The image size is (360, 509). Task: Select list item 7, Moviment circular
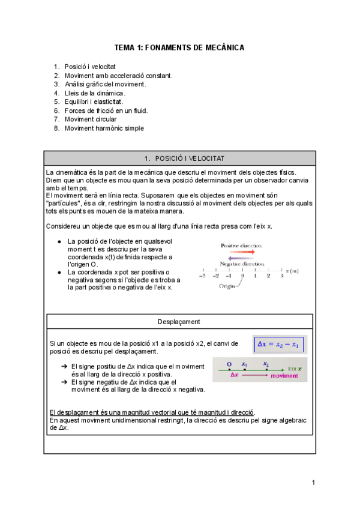[x=91, y=119]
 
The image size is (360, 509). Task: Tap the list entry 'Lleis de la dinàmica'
[x=95, y=93]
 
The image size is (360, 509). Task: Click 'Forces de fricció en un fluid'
[x=106, y=110]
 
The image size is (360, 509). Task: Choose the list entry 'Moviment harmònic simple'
[x=104, y=128]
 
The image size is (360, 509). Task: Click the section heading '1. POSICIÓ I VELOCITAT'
[x=179, y=158]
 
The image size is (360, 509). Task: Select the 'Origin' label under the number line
[x=227, y=286]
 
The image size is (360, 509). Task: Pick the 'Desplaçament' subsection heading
[x=179, y=321]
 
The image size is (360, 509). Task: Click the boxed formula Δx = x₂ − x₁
[x=280, y=345]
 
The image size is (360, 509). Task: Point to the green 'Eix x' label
[x=295, y=368]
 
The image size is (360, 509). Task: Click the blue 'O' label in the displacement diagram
[x=229, y=364]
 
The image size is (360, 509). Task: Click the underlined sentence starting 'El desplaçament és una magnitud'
[x=152, y=412]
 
